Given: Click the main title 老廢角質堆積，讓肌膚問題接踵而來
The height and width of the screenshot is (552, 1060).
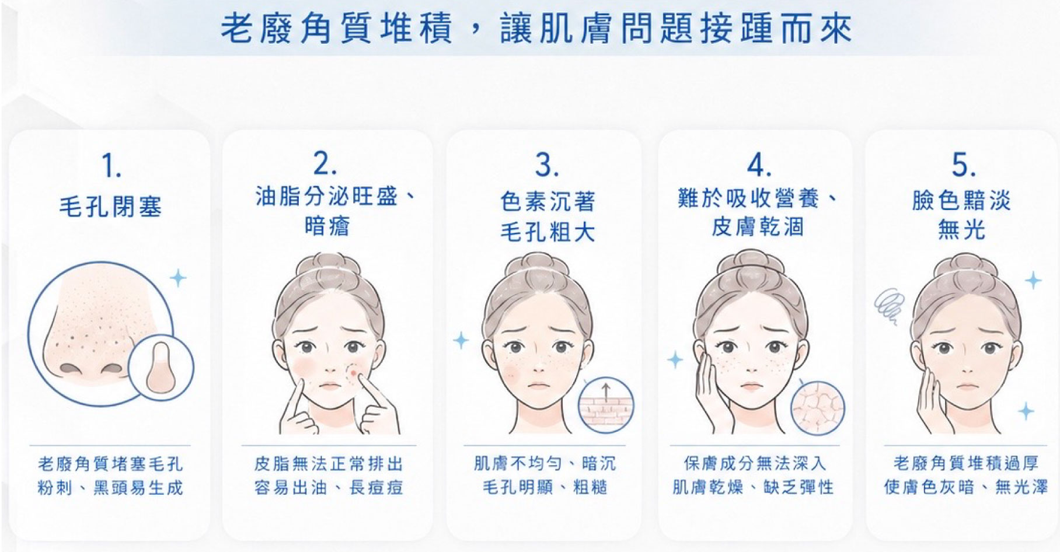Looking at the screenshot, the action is pos(536,29).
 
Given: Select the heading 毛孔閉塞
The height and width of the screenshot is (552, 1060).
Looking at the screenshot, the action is pos(110,207).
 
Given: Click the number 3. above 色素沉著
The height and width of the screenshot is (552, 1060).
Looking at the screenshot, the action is pos(547,165).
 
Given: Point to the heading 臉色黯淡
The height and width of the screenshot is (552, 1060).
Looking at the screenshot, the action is pos(961,201).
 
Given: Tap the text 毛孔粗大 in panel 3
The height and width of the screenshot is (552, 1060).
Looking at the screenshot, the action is pos(548,232).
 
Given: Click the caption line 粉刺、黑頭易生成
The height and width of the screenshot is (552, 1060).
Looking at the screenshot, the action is pos(110,487).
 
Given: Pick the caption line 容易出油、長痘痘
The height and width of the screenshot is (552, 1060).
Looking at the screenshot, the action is pos(329,487).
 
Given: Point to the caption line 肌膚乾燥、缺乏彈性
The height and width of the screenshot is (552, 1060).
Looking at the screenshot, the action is pos(753,487).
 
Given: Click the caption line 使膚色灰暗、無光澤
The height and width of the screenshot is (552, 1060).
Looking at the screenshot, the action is pos(965,487).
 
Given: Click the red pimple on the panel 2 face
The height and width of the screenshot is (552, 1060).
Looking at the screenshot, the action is pos(354,370).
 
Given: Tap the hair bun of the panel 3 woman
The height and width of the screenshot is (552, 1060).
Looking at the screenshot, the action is pos(536,266).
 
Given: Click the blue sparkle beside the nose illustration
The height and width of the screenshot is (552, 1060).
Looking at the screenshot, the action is pos(177,278).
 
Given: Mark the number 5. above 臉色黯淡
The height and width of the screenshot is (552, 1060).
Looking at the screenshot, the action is pos(964,165).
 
